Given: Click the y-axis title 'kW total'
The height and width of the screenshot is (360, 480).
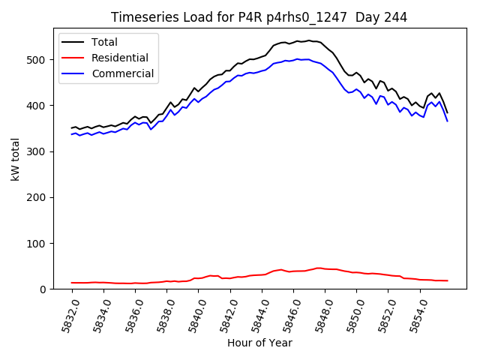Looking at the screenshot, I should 15,159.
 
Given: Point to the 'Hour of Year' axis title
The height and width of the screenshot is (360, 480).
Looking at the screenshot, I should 259,343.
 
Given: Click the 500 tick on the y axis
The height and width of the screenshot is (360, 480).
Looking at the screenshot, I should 46,60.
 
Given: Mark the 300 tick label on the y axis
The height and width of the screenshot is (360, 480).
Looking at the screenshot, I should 46,151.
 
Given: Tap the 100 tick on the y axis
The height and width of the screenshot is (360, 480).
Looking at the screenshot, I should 46,244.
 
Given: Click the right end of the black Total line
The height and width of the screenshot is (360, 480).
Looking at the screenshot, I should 447,112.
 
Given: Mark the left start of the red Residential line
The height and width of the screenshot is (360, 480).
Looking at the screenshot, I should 72,283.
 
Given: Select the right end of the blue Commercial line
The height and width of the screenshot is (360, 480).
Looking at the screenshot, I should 447,121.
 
